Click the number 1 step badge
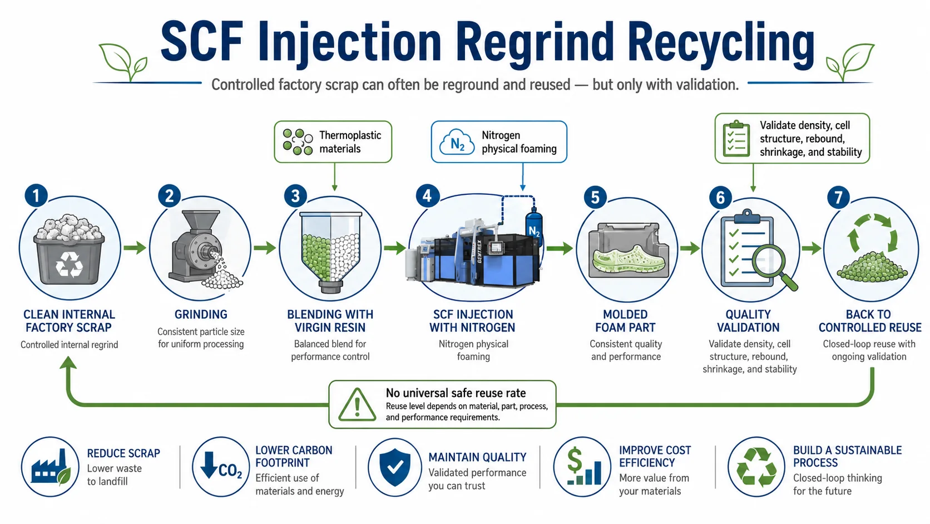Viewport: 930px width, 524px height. point(36,195)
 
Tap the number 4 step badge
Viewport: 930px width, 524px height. point(428,195)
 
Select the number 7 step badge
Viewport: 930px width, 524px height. point(838,197)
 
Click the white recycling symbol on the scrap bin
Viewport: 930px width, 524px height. point(69,265)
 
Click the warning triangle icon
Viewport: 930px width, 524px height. point(357,404)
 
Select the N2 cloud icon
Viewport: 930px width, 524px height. point(457,142)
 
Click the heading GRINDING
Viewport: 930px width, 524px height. point(201,315)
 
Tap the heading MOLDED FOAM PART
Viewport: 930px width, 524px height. point(625,321)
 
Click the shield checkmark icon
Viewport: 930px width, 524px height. point(395,467)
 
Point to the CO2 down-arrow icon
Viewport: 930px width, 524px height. point(220,467)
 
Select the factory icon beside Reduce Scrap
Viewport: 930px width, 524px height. point(50,468)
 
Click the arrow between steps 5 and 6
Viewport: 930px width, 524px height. point(690,248)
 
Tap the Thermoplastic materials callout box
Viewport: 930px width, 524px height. point(333,141)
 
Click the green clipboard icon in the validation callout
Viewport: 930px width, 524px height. point(736,138)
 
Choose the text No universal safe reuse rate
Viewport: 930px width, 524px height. point(456,393)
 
